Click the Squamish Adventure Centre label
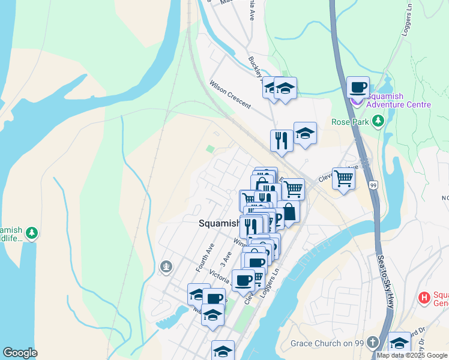pos(398,100)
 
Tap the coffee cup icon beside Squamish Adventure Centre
pos(358,87)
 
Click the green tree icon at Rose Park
pos(378,122)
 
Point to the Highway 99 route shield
pos(373,185)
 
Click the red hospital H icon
pos(424,297)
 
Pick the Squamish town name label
pos(219,223)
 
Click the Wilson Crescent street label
pos(230,94)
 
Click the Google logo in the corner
pos(20,353)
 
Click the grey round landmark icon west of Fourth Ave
pos(166,266)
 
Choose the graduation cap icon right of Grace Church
pos(399,343)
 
